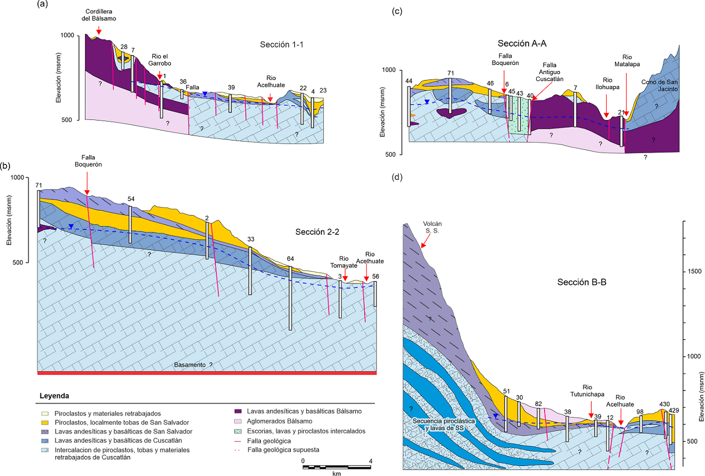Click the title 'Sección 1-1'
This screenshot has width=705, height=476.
[282, 45]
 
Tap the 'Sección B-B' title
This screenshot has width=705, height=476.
[581, 283]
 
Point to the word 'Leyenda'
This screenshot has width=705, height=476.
[54, 396]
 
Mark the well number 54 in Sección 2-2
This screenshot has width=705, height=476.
[131, 199]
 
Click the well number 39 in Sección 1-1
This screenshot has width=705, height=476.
[231, 88]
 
